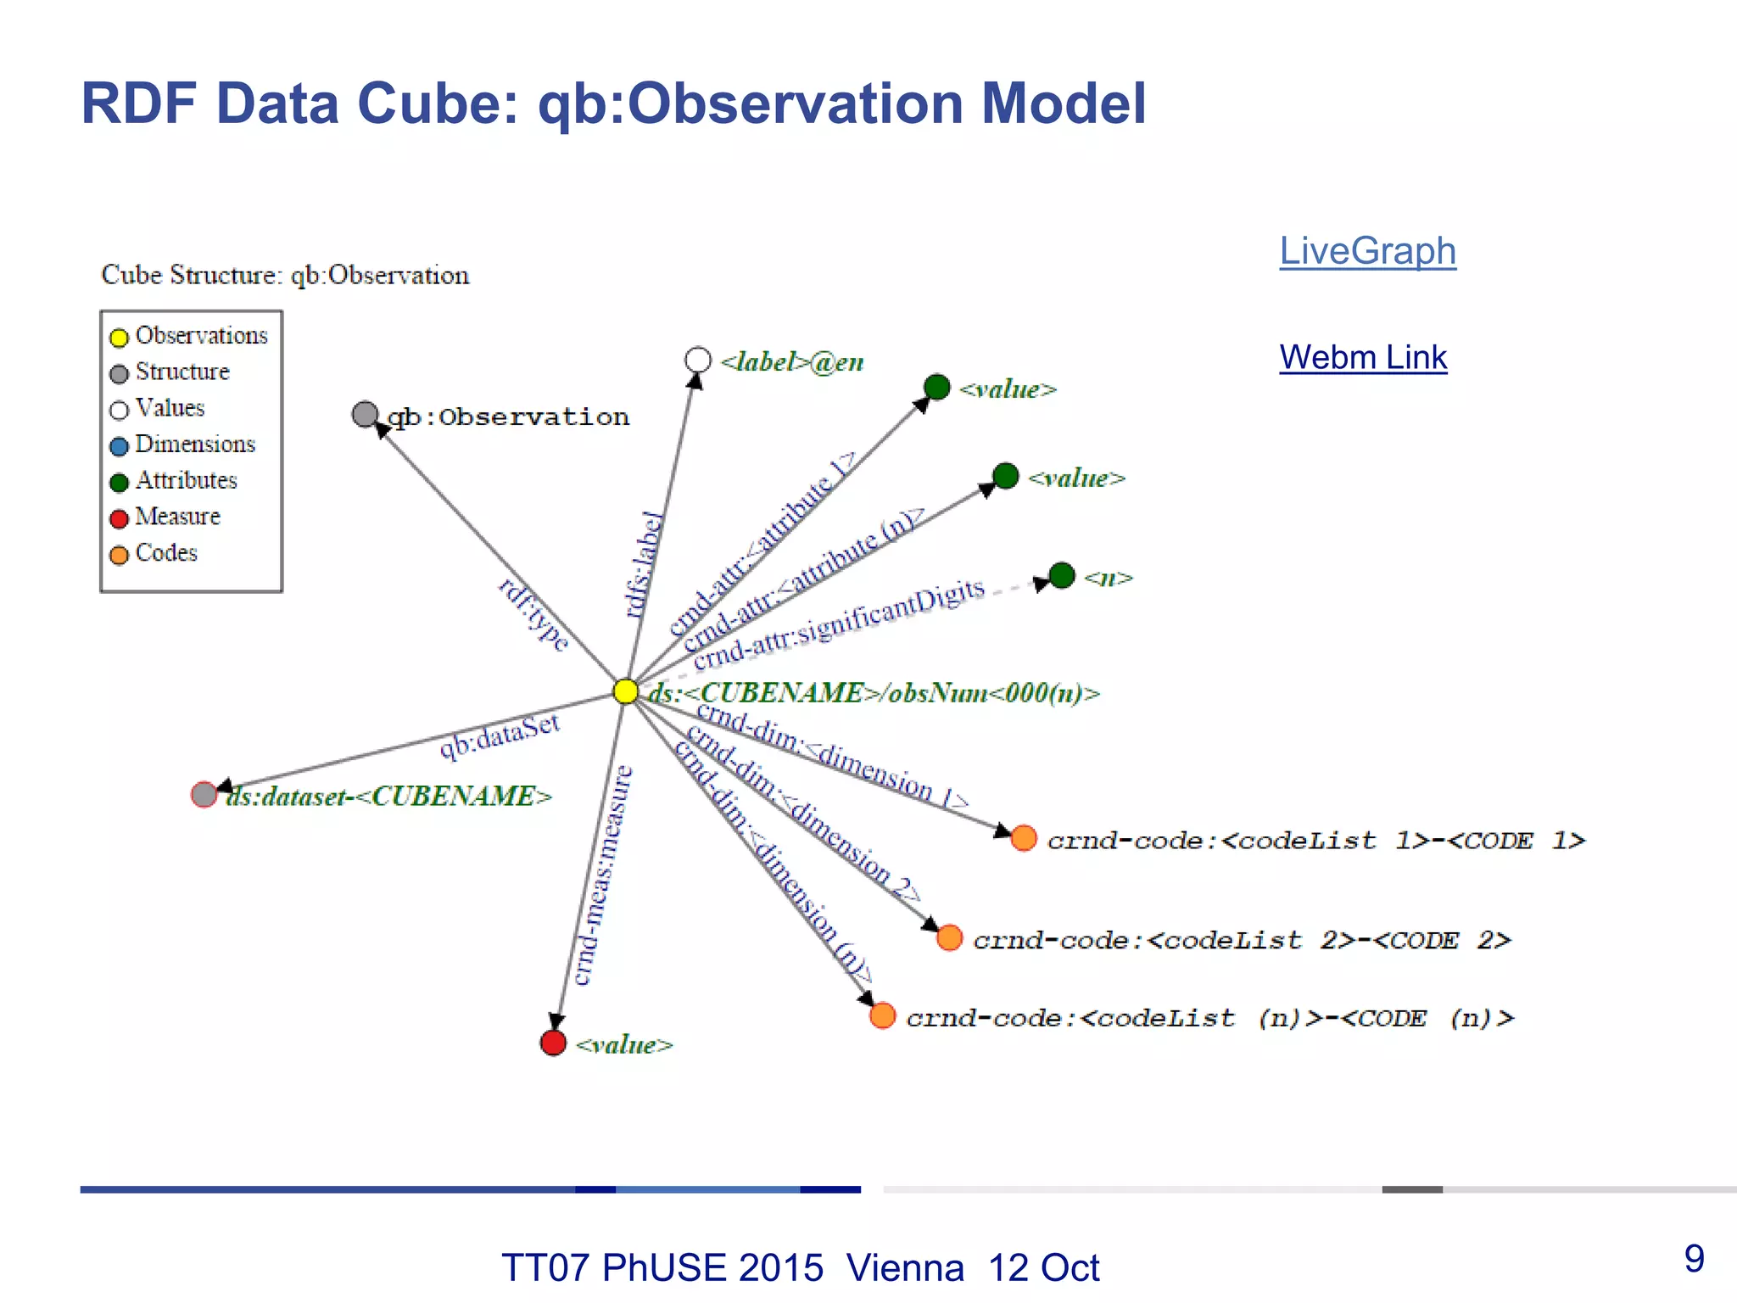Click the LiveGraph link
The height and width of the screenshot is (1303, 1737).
pyautogui.click(x=1367, y=251)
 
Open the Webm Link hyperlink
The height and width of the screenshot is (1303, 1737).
pyautogui.click(x=1362, y=357)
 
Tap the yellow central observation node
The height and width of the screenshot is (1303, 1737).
pyautogui.click(x=625, y=691)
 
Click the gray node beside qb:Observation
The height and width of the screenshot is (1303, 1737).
pyautogui.click(x=365, y=414)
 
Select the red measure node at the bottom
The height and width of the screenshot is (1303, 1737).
pyautogui.click(x=553, y=1043)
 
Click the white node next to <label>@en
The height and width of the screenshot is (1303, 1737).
pyautogui.click(x=697, y=360)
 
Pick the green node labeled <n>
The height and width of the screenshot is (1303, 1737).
pyautogui.click(x=1062, y=575)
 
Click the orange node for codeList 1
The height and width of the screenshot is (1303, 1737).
pyautogui.click(x=1024, y=838)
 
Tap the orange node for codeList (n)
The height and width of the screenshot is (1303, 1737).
pyautogui.click(x=883, y=1015)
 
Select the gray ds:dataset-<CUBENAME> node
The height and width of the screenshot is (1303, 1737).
pyautogui.click(x=204, y=795)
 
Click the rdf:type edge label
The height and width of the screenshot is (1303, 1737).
pyautogui.click(x=533, y=615)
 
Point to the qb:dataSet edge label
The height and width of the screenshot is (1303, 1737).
pyautogui.click(x=500, y=735)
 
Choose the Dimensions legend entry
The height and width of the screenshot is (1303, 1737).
pyautogui.click(x=194, y=445)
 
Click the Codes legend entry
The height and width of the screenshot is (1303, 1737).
pyautogui.click(x=165, y=553)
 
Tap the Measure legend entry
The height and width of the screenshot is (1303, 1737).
pyautogui.click(x=176, y=517)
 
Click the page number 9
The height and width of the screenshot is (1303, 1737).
pyautogui.click(x=1694, y=1258)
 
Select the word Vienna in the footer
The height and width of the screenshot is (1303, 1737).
pyautogui.click(x=905, y=1268)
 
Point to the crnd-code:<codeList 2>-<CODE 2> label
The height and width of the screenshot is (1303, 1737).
pyautogui.click(x=1242, y=940)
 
